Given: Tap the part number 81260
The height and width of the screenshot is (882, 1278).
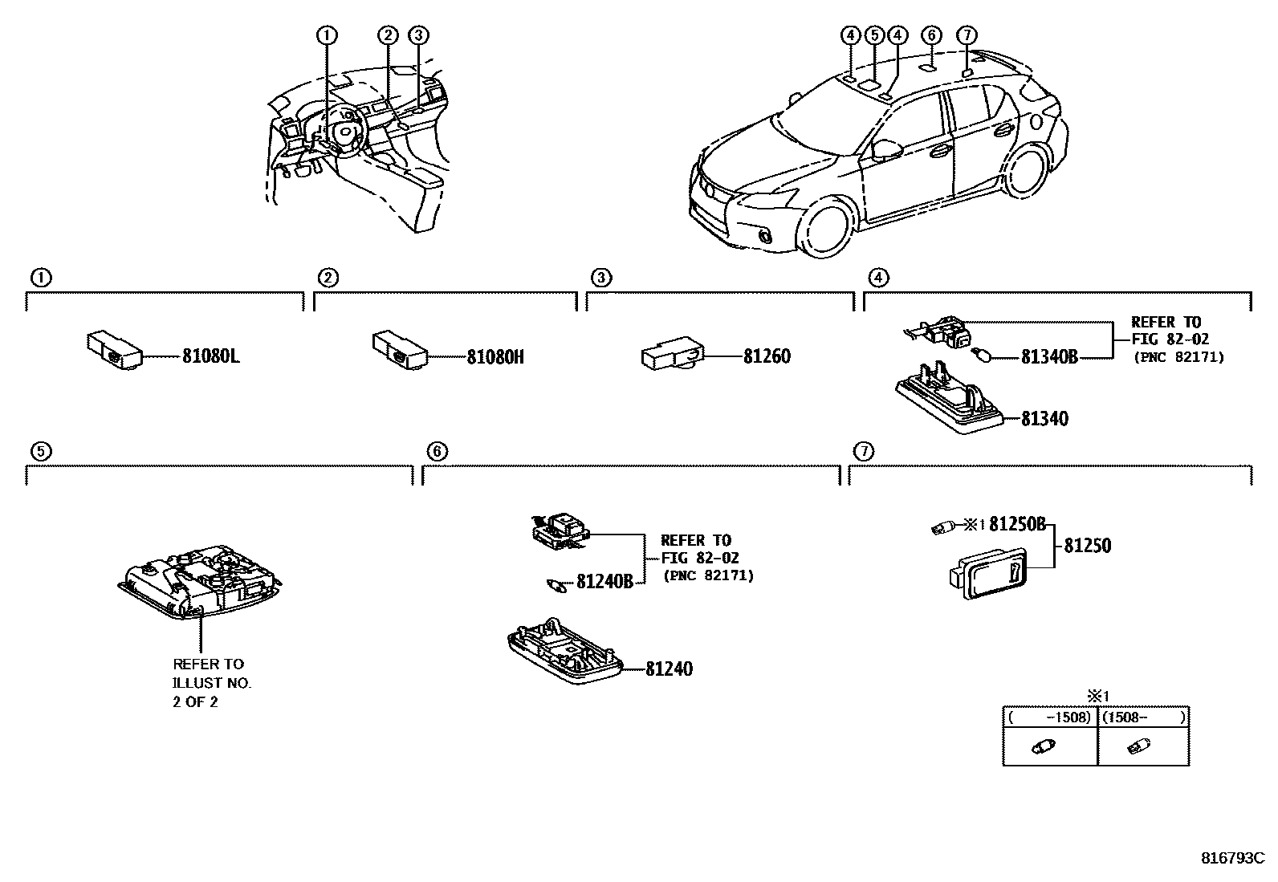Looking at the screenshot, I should pyautogui.click(x=767, y=356).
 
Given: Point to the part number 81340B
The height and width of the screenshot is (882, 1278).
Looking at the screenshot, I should pyautogui.click(x=1049, y=356).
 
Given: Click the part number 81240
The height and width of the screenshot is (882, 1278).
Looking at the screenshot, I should pyautogui.click(x=669, y=668).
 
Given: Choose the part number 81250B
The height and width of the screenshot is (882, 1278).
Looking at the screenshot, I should pyautogui.click(x=1017, y=524).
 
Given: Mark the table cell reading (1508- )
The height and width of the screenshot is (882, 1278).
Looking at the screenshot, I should pyautogui.click(x=1143, y=717).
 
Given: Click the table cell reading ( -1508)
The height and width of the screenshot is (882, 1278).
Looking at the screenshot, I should pyautogui.click(x=1050, y=717).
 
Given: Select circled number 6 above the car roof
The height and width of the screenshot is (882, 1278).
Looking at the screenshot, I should pyautogui.click(x=930, y=35).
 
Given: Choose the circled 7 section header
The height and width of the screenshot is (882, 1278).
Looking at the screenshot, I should pyautogui.click(x=864, y=451).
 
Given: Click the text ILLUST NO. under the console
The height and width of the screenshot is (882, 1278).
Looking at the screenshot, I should pyautogui.click(x=212, y=683).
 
